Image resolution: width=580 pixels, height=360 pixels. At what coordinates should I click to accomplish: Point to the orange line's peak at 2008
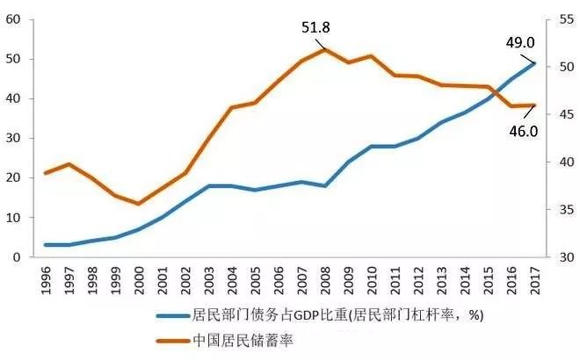coord(325,49)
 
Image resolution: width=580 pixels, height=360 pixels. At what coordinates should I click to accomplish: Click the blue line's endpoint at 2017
coord(535,62)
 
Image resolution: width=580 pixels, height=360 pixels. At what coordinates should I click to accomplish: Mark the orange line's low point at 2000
coord(138,204)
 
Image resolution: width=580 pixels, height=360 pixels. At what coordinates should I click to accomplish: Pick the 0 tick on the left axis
coord(17,256)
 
